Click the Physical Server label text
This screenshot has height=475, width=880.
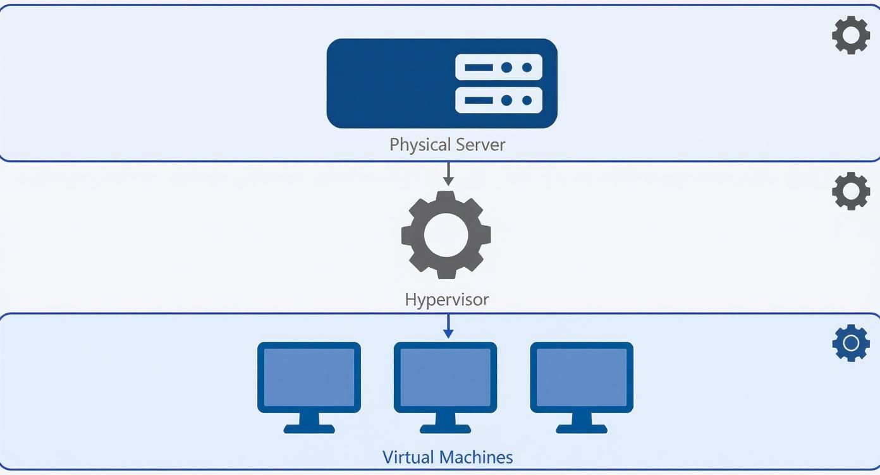[447, 145]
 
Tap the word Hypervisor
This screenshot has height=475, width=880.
[446, 299]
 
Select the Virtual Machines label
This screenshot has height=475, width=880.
[447, 457]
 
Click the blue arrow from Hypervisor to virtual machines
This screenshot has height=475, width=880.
[448, 326]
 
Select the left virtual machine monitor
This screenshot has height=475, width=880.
[309, 378]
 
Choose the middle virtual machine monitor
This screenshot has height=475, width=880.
[445, 378]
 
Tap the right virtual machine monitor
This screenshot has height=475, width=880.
[582, 378]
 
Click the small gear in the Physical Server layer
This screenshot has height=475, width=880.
[850, 35]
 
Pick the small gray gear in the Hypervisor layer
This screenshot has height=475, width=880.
[850, 191]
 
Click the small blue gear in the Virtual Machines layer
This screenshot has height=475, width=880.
[850, 343]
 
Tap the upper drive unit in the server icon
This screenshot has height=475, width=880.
[499, 67]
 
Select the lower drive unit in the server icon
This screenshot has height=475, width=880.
[499, 100]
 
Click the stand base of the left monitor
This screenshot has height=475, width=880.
[309, 428]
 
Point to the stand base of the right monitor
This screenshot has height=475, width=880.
[582, 428]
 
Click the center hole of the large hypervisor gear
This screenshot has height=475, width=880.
[446, 235]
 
